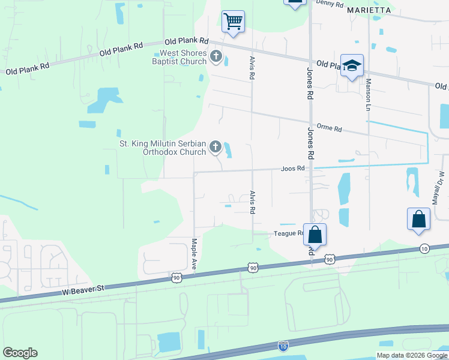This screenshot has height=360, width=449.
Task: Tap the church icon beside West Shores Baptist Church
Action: [215, 58]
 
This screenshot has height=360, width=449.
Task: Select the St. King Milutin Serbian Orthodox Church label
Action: [163, 148]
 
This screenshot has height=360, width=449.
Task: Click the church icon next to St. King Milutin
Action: [215, 148]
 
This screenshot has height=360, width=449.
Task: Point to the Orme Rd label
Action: [329, 128]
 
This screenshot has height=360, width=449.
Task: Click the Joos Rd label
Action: [294, 169]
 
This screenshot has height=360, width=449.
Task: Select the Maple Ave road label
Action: [194, 253]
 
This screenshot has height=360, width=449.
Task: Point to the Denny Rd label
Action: [330, 4]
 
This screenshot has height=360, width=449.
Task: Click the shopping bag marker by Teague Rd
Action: [315, 234]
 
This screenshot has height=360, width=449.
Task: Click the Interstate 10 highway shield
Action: [283, 346]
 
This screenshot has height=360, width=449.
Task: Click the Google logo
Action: [20, 353]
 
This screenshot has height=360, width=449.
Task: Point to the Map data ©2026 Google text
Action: [412, 355]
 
